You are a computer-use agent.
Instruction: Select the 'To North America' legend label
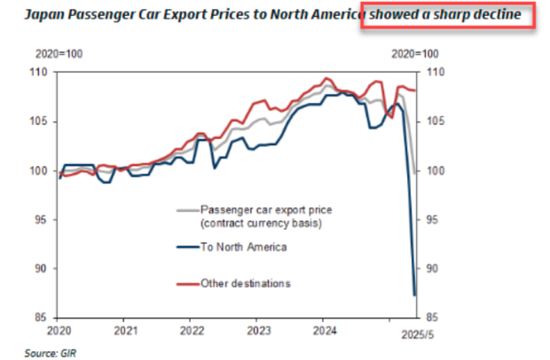[245, 247]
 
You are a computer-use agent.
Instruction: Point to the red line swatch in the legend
[186, 283]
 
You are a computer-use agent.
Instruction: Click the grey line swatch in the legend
[186, 209]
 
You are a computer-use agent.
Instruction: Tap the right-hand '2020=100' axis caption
[416, 54]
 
